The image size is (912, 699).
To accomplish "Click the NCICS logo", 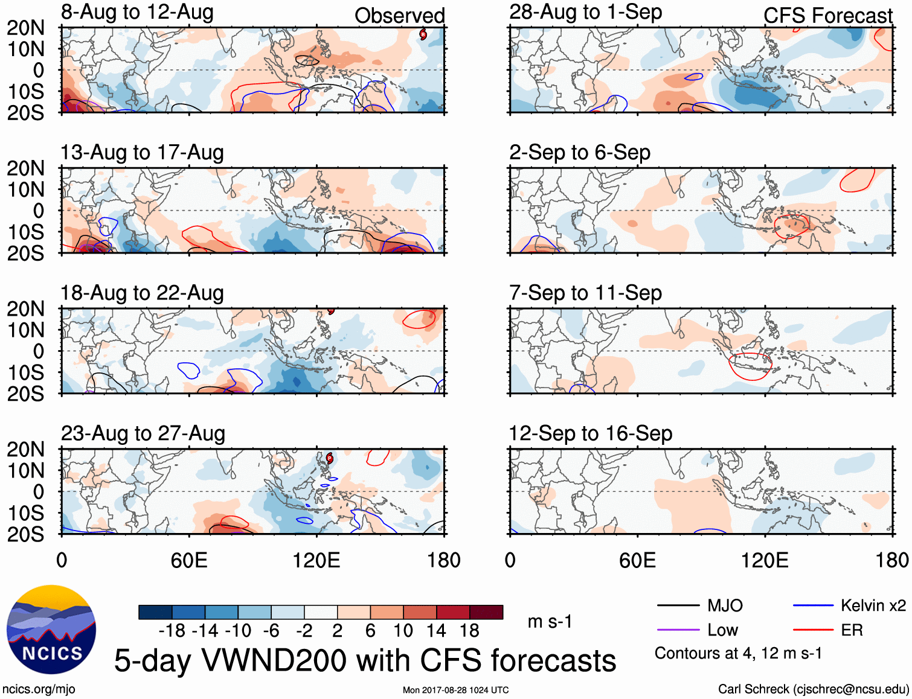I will point(51,629).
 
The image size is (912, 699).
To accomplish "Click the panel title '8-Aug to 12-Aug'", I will point(137,13).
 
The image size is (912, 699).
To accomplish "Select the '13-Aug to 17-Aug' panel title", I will point(142,153).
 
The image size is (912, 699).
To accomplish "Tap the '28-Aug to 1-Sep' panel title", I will point(585,13).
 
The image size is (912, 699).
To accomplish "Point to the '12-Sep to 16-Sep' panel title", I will point(590,433).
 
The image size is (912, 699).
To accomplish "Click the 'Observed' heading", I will point(399,16).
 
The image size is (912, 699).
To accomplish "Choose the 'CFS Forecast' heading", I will point(827,16).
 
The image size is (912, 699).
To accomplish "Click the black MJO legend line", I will point(678,605).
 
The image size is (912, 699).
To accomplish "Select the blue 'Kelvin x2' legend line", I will point(813,605).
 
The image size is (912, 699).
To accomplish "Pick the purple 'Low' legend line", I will point(678,630).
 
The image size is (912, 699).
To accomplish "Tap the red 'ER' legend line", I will point(813,630).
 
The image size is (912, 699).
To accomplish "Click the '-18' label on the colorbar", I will point(172,631).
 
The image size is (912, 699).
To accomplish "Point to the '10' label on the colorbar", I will point(403,631).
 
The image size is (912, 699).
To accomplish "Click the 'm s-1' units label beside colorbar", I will point(550,621).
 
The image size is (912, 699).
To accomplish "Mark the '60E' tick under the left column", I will point(189,560).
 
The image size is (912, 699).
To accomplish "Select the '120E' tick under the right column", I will point(765,560).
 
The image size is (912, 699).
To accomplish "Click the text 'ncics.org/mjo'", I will point(39,689).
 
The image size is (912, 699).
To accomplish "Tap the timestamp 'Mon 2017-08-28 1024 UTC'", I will point(455,690).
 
